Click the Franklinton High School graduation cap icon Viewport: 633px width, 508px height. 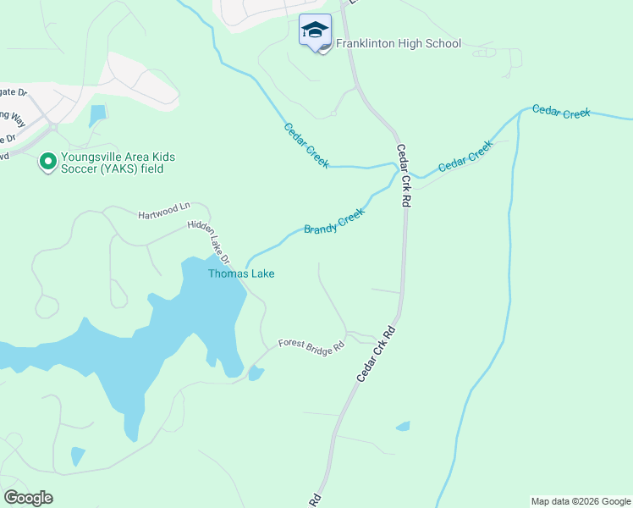(316, 30)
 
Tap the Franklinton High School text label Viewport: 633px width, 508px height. (398, 43)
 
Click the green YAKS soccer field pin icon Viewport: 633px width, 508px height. (48, 159)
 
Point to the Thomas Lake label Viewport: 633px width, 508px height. (241, 273)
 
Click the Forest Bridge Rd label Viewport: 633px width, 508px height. (312, 345)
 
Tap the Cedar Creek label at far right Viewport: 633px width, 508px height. (560, 112)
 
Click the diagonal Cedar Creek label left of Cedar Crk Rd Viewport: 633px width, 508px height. (306, 145)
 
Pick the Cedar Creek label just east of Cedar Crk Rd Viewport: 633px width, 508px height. (465, 157)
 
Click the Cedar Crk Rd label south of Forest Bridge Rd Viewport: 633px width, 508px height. (377, 351)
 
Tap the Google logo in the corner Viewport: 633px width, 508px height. (28, 498)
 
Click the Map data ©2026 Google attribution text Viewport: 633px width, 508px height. (581, 501)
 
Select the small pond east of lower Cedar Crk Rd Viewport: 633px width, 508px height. (404, 427)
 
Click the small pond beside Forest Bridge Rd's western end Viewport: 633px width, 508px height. (256, 373)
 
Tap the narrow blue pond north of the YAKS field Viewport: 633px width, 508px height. (97, 116)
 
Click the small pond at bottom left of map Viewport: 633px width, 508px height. (78, 456)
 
